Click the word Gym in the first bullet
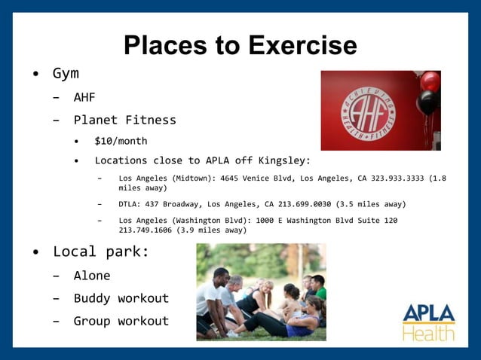pyautogui.click(x=66, y=74)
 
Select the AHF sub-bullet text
pyautogui.click(x=84, y=97)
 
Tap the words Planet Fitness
pyautogui.click(x=124, y=120)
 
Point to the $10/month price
pyautogui.click(x=121, y=141)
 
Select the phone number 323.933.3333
pyautogui.click(x=391, y=178)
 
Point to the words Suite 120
pyautogui.click(x=376, y=220)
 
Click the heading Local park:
pyautogui.click(x=101, y=252)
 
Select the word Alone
pyautogui.click(x=92, y=276)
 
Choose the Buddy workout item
pyautogui.click(x=121, y=298)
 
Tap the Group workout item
pyautogui.click(x=121, y=321)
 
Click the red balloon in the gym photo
pyautogui.click(x=430, y=81)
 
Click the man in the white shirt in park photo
pyautogui.click(x=210, y=297)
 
